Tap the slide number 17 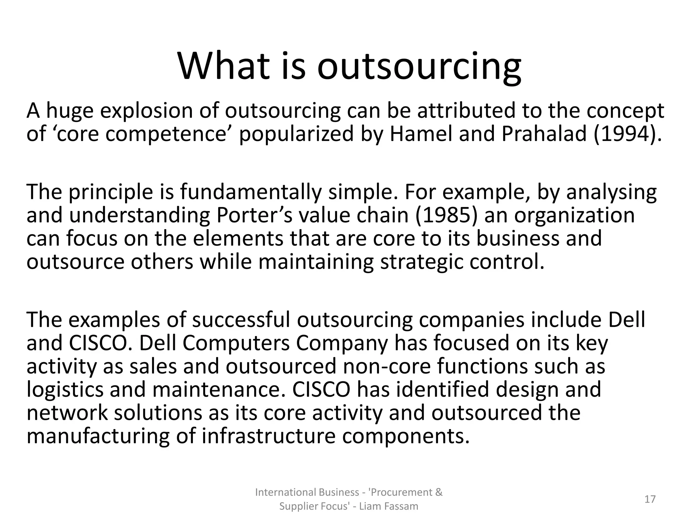click(x=650, y=499)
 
